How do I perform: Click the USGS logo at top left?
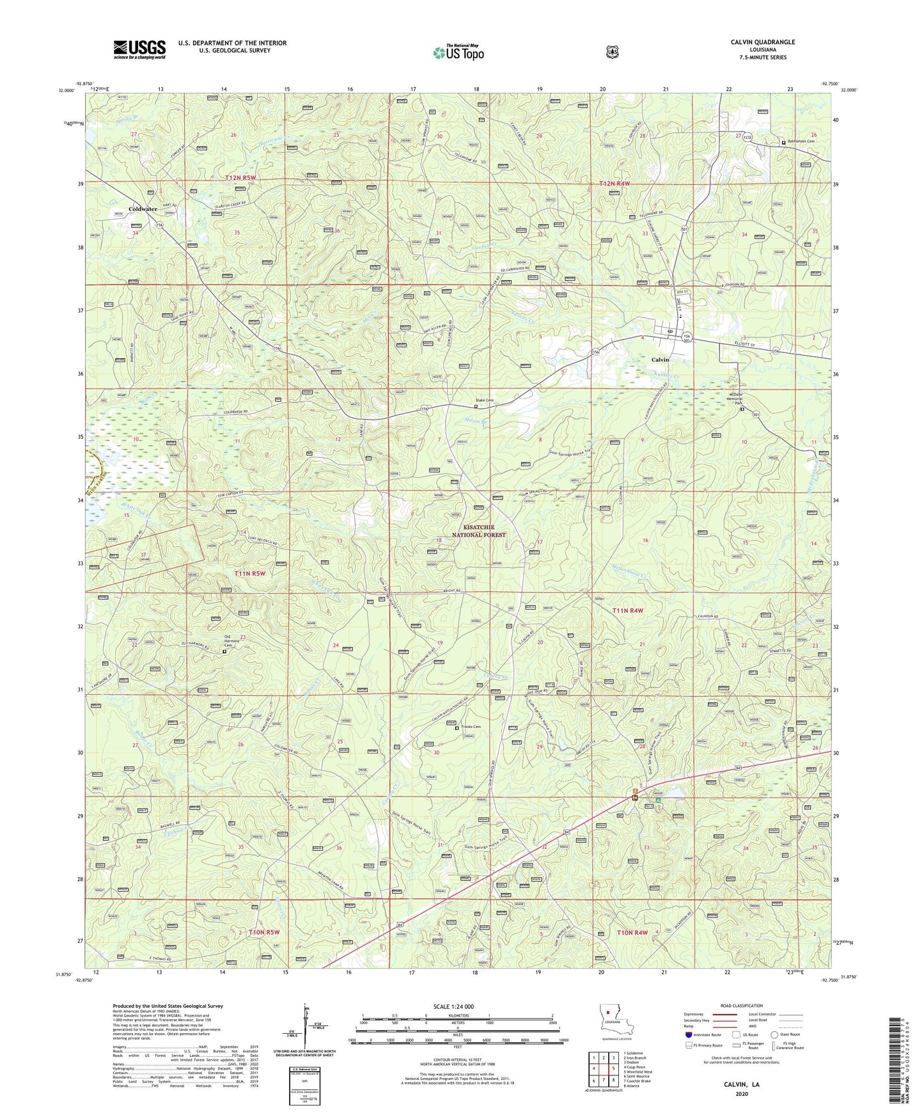click(139, 49)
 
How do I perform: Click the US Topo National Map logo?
click(458, 52)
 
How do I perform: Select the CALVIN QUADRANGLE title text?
click(762, 42)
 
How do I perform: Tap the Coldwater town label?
click(143, 209)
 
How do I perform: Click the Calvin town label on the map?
click(660, 360)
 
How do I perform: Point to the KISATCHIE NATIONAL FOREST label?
click(478, 531)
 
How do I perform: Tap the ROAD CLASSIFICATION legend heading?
click(741, 1006)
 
